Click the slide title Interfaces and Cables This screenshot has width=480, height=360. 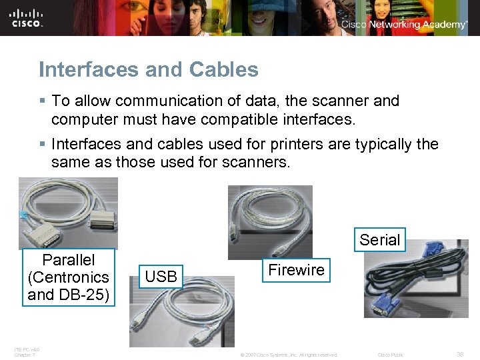click(x=148, y=69)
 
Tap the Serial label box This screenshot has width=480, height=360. click(x=379, y=240)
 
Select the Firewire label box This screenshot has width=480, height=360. click(x=296, y=270)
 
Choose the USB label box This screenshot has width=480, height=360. click(x=161, y=276)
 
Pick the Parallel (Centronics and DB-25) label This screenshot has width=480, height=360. click(x=69, y=277)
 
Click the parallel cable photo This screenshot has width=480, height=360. click(x=68, y=213)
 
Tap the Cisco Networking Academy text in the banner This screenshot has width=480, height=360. click(x=404, y=25)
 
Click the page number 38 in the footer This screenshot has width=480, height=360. click(x=459, y=355)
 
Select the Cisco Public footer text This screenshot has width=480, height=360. click(x=391, y=355)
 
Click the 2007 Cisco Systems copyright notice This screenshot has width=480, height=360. click(x=288, y=355)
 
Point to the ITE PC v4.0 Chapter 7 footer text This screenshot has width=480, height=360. click(x=27, y=351)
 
